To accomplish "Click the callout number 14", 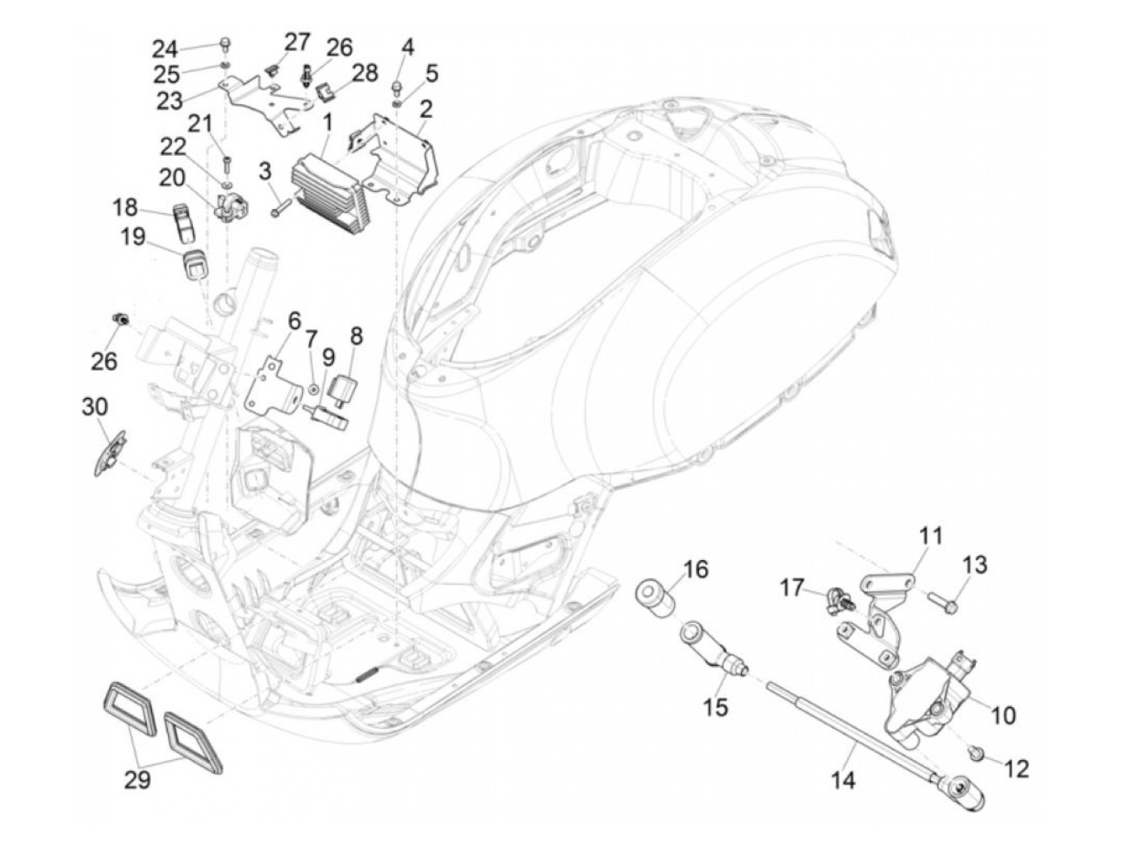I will click(843, 780).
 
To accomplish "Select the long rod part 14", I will click(856, 730).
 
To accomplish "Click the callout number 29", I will click(137, 780).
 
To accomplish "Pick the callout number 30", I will click(94, 407).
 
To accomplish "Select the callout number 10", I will click(1003, 714).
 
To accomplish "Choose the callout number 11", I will click(931, 535).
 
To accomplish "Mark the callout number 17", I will click(793, 588).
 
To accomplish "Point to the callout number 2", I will click(425, 107).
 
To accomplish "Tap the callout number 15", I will click(715, 707).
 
